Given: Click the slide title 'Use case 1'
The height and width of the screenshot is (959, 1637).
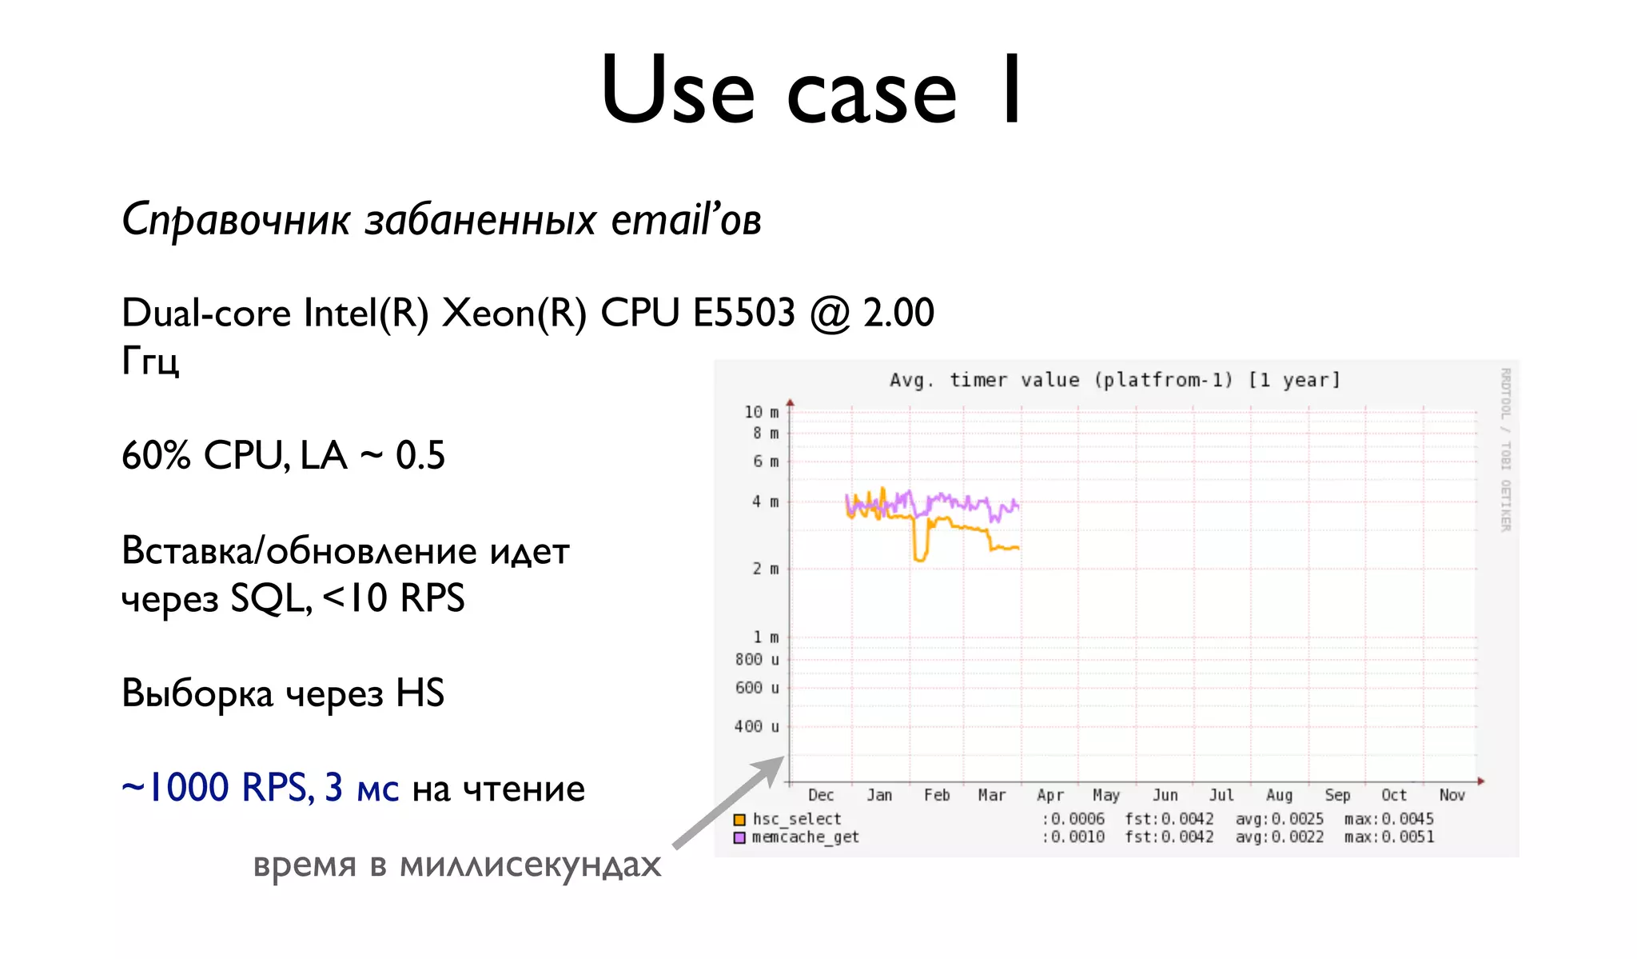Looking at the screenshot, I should [x=811, y=90].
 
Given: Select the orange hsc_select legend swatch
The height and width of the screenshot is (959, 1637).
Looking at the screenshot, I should [x=739, y=820].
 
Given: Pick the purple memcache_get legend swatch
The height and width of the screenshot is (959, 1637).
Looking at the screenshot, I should [x=739, y=837].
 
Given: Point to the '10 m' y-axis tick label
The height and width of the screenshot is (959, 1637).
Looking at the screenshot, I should [x=761, y=412].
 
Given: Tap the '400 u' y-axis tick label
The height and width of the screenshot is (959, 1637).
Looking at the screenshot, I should [x=756, y=726].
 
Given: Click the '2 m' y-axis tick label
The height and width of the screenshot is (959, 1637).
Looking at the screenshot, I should [x=765, y=569].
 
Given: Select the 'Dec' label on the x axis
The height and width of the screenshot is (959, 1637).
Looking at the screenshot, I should [x=821, y=795].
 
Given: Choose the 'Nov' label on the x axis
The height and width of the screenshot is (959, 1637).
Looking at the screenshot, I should [x=1452, y=795].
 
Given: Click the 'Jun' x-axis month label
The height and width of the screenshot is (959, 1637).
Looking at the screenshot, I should [x=1165, y=795].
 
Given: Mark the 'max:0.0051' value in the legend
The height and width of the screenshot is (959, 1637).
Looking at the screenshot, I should [x=1389, y=837].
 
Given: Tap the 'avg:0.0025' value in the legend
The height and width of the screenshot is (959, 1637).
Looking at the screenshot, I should [x=1279, y=819].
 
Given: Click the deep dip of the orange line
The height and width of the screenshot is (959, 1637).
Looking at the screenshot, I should [x=920, y=557].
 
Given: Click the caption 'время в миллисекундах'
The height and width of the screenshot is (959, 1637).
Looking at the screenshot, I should [x=456, y=865].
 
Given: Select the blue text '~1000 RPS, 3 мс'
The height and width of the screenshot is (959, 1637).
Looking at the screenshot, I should [x=260, y=788].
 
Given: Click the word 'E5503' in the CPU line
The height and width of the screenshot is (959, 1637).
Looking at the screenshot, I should [x=744, y=312].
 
